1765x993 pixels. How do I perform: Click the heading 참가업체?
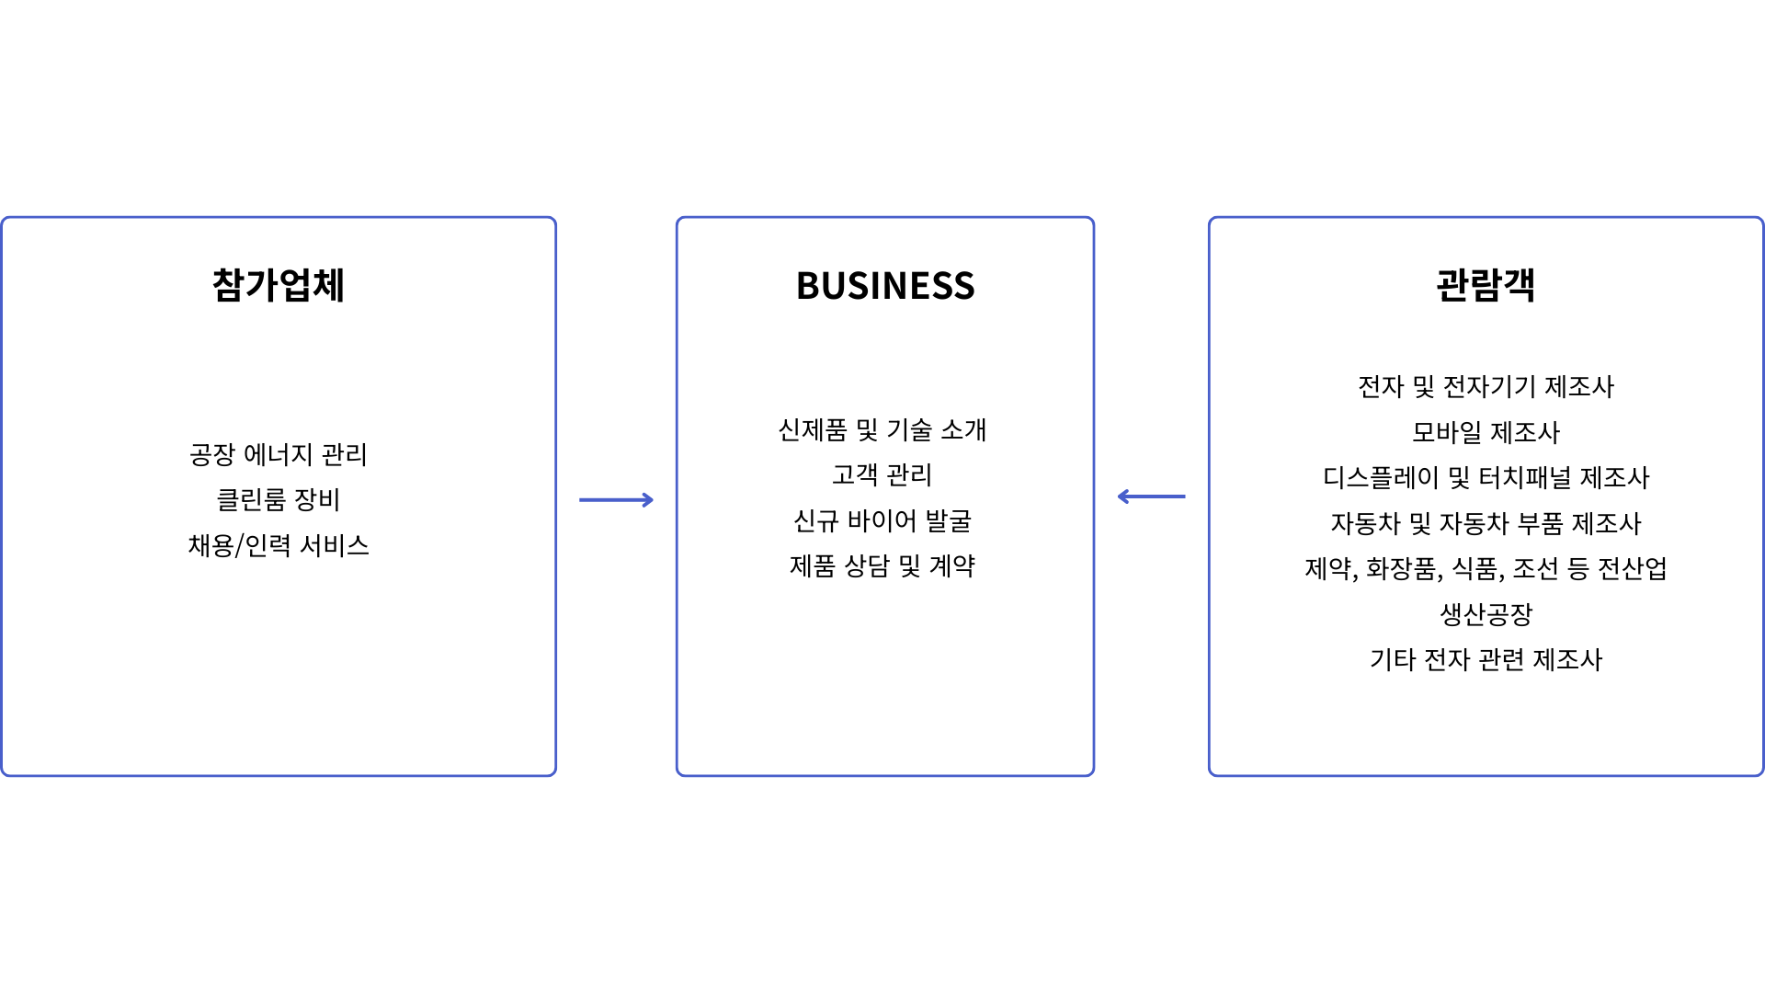coord(279,285)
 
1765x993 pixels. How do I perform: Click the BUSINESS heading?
coord(885,286)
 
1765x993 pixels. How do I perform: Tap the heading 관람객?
coord(1486,285)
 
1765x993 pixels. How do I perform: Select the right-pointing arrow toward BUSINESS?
coord(616,500)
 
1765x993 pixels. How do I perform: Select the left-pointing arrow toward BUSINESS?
coord(1151,496)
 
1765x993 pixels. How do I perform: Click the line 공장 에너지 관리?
coord(279,454)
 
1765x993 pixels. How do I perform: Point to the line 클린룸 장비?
coord(279,499)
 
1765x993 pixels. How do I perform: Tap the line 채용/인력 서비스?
coord(279,545)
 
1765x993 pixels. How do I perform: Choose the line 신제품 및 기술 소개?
coord(882,429)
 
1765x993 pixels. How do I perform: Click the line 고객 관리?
coord(882,474)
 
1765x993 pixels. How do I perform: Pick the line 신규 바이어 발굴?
coord(882,520)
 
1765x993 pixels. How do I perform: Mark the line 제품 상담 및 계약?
coord(882,565)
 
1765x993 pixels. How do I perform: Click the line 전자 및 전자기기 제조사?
coord(1486,386)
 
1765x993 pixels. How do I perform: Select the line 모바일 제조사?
coord(1486,432)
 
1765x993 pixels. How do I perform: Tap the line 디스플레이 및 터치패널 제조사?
coord(1486,477)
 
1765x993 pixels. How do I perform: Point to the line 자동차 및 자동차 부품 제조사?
coord(1486,523)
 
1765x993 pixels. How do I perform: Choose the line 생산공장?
coord(1486,613)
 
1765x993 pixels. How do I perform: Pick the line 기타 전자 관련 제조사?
coord(1486,659)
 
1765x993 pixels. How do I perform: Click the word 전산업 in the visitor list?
coord(1633,568)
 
